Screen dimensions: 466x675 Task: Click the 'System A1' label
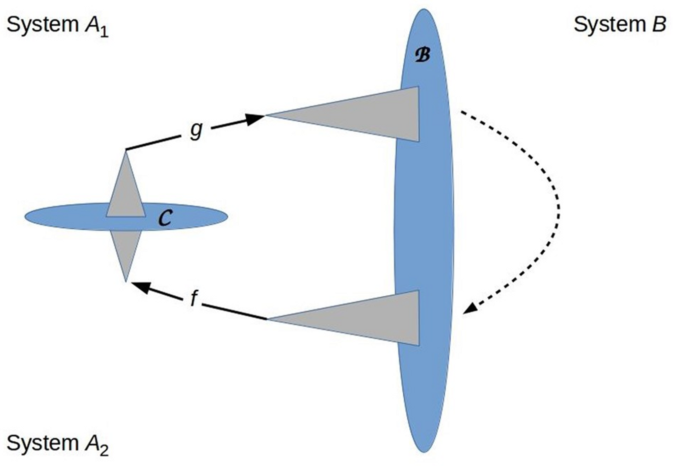[57, 26]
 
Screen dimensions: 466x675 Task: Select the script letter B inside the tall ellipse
[422, 55]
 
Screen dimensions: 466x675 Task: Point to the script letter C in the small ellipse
[166, 218]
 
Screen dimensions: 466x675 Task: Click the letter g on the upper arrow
[196, 130]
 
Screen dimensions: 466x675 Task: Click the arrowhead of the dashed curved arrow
[469, 309]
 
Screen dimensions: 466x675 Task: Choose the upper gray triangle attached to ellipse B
[371, 115]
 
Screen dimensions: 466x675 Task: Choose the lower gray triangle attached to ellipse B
[371, 319]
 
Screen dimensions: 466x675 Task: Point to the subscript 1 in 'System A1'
[104, 32]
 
